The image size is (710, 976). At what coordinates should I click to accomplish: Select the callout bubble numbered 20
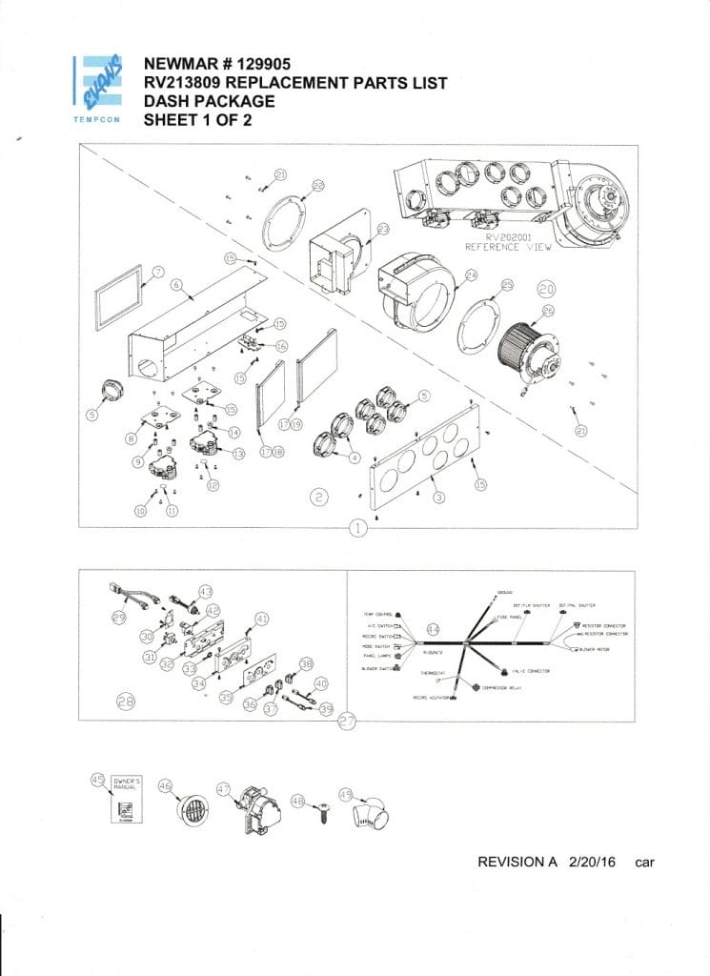coord(547,287)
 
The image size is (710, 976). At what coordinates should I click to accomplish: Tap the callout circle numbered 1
coord(357,528)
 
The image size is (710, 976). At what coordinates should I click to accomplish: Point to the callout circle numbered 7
coord(158,272)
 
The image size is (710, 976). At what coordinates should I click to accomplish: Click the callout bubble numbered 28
coord(126,701)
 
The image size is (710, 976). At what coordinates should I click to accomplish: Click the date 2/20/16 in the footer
coord(591,862)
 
